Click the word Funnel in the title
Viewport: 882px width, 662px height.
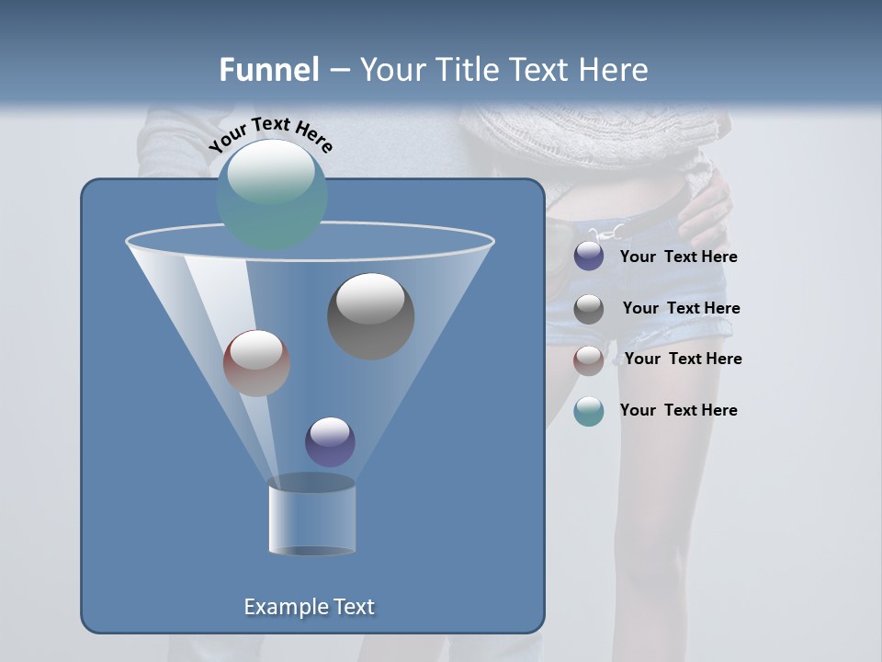coord(268,70)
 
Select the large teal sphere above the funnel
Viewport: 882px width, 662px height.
coord(272,194)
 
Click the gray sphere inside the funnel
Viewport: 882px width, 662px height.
coord(371,315)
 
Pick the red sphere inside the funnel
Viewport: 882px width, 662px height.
coord(256,363)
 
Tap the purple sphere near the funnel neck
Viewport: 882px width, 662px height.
coord(330,441)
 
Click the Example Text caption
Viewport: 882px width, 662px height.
coord(310,607)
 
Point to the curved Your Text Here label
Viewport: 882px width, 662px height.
coord(270,133)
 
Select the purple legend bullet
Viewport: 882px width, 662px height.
coord(589,257)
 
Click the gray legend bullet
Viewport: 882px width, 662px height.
coord(589,309)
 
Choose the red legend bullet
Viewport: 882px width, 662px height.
coord(589,360)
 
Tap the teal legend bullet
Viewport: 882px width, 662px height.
coord(589,411)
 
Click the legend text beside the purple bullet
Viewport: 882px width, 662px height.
coord(678,257)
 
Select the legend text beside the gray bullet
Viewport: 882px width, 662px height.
coord(681,308)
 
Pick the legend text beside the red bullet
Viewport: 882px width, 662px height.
coord(683,359)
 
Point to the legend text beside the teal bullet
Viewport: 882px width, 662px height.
coord(678,410)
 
